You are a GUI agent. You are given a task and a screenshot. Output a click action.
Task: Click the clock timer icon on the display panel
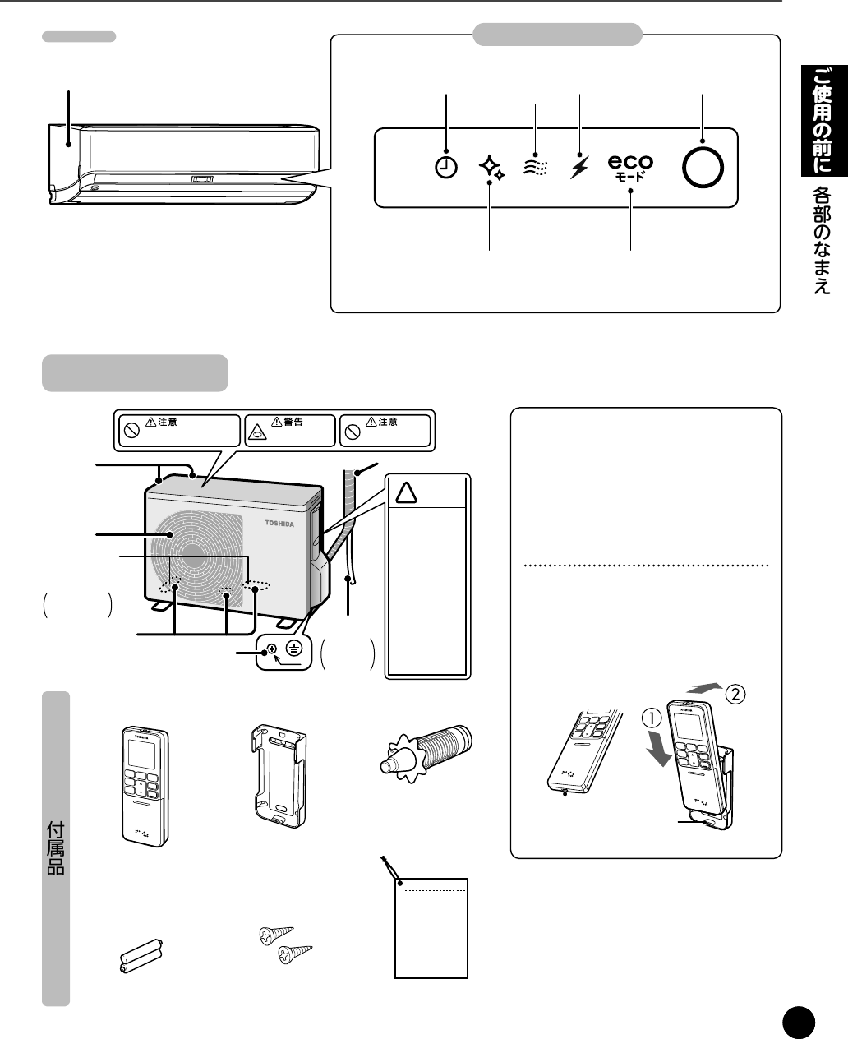pyautogui.click(x=446, y=168)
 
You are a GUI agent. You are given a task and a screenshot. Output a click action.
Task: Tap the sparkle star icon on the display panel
pyautogui.click(x=491, y=168)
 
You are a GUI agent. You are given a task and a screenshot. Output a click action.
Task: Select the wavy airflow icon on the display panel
pyautogui.click(x=535, y=168)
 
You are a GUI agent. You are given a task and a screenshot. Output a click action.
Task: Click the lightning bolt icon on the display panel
pyautogui.click(x=579, y=168)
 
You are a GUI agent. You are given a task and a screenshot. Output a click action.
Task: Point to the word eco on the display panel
pyautogui.click(x=630, y=162)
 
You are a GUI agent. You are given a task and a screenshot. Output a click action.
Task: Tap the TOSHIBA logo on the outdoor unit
pyautogui.click(x=279, y=523)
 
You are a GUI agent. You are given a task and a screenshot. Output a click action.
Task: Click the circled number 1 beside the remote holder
pyautogui.click(x=652, y=718)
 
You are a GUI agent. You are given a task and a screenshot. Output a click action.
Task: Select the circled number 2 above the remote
pyautogui.click(x=735, y=694)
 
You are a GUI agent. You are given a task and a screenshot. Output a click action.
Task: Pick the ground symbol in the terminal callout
pyautogui.click(x=294, y=649)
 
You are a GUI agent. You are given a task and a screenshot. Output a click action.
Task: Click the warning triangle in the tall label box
pyautogui.click(x=406, y=492)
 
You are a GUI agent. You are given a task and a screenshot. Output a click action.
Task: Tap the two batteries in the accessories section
pyautogui.click(x=141, y=956)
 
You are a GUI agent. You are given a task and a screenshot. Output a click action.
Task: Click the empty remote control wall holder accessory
pyautogui.click(x=279, y=776)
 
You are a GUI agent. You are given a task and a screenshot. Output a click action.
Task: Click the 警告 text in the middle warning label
pyautogui.click(x=293, y=422)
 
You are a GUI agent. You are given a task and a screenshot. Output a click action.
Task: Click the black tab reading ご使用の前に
pyautogui.click(x=824, y=121)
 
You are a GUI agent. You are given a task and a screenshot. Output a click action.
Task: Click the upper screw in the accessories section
pyautogui.click(x=276, y=934)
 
